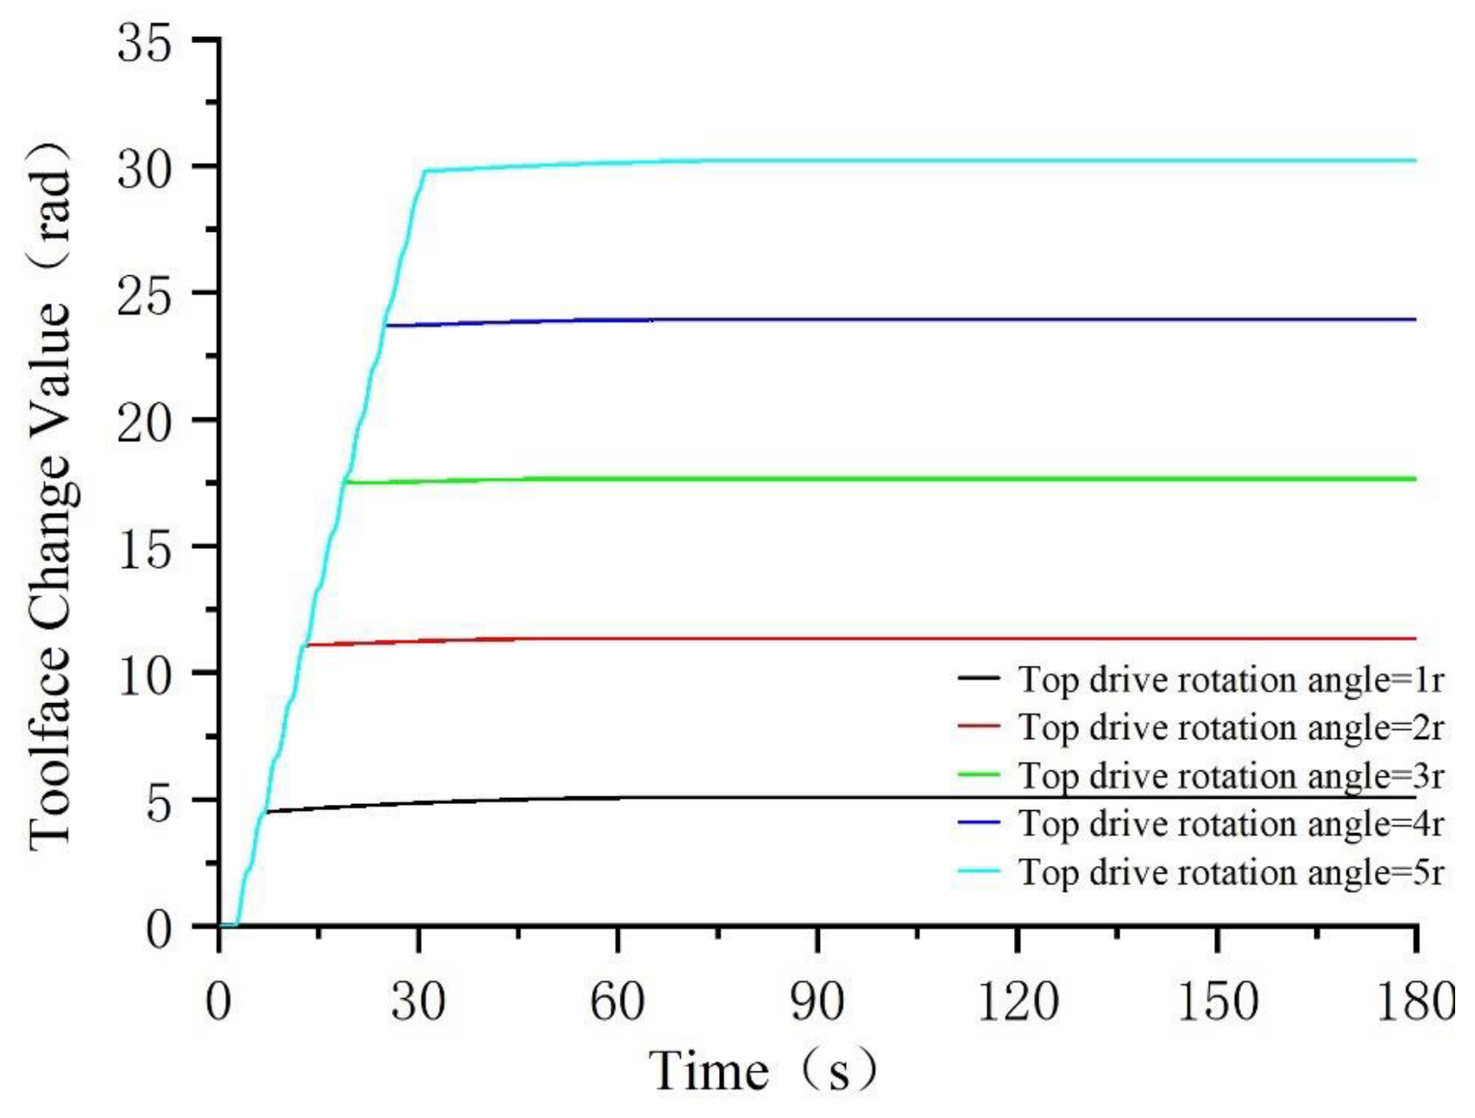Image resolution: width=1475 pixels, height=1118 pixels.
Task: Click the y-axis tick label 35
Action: [145, 43]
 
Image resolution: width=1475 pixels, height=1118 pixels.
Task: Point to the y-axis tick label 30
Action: [145, 169]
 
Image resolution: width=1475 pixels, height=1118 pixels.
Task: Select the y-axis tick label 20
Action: [145, 423]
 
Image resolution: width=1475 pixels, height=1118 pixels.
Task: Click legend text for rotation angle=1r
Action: [1231, 680]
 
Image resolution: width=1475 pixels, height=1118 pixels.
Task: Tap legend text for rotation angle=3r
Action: [1231, 776]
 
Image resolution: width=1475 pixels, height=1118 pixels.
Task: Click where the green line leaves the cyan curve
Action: [346, 482]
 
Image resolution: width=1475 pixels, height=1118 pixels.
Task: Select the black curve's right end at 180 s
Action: [1415, 798]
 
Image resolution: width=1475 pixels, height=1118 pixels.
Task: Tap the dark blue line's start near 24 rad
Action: [386, 325]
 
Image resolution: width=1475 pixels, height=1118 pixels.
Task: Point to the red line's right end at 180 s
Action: [1415, 638]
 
